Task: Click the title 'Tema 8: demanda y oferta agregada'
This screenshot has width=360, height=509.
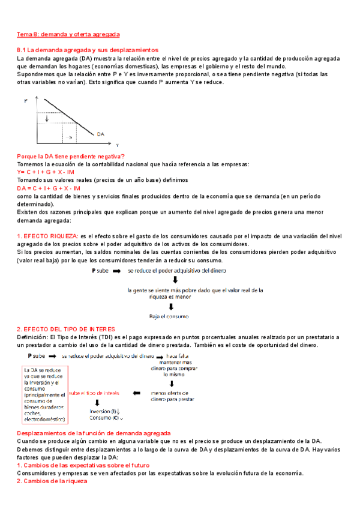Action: click(68, 35)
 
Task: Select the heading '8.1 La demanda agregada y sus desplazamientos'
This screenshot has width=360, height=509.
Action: click(87, 50)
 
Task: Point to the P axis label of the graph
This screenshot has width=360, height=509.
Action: click(26, 103)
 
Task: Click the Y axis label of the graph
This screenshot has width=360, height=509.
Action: click(117, 145)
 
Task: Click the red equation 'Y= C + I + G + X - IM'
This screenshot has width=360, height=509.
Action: click(46, 172)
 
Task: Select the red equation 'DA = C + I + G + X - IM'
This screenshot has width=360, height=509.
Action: click(49, 188)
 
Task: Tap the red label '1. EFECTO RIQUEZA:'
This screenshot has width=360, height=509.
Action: click(47, 236)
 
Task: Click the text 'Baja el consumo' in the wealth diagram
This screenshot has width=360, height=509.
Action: click(169, 316)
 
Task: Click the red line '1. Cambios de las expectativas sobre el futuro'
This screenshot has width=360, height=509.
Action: click(83, 465)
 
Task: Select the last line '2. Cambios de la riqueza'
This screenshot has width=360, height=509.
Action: click(52, 481)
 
